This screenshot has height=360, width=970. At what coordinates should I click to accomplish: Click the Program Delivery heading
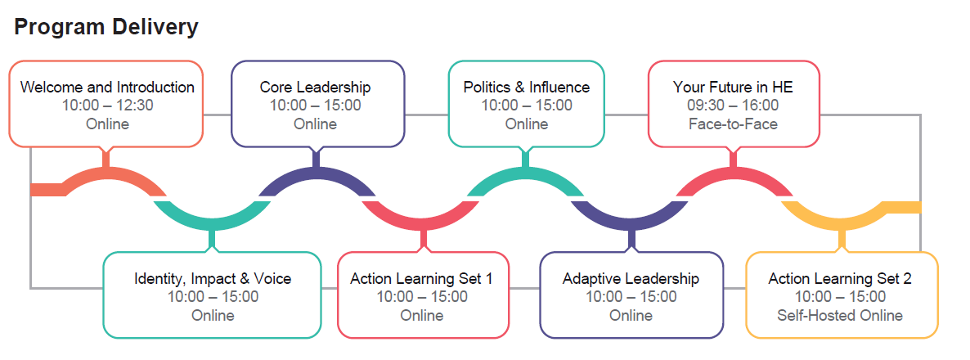click(106, 26)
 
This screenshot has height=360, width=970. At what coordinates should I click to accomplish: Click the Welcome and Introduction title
click(107, 87)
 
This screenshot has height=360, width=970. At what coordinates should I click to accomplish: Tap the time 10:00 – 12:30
click(107, 105)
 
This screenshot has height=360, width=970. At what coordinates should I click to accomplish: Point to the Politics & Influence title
click(526, 87)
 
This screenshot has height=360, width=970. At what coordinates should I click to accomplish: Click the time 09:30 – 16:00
click(733, 105)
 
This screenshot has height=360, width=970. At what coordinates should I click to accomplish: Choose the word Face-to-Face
click(733, 124)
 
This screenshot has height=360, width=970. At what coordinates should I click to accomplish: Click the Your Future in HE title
click(733, 87)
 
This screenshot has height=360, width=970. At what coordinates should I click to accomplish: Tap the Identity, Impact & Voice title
click(213, 279)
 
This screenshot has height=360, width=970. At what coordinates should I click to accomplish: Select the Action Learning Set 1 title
click(421, 279)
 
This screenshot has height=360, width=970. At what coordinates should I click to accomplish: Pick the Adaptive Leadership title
click(631, 279)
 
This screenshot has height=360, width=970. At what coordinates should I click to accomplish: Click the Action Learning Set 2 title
click(840, 279)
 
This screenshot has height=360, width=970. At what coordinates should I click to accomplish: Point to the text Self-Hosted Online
click(840, 315)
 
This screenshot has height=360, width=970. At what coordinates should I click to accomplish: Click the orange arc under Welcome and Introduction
click(106, 174)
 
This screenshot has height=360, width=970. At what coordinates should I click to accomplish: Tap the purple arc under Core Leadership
click(316, 174)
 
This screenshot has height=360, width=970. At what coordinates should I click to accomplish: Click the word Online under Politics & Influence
click(526, 124)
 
